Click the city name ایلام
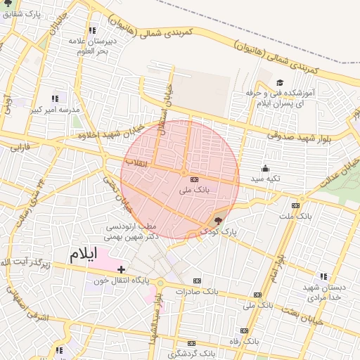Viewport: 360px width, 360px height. point(84,256)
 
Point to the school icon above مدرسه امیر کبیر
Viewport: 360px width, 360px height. point(55,98)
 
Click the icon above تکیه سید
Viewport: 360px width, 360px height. point(265,168)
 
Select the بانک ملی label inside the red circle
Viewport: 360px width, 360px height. point(195,190)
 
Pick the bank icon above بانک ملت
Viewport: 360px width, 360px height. point(295,205)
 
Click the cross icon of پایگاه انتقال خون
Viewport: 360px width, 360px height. point(122,269)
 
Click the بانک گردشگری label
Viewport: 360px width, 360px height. point(200,352)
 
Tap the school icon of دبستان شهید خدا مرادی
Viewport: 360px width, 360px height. point(323,276)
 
